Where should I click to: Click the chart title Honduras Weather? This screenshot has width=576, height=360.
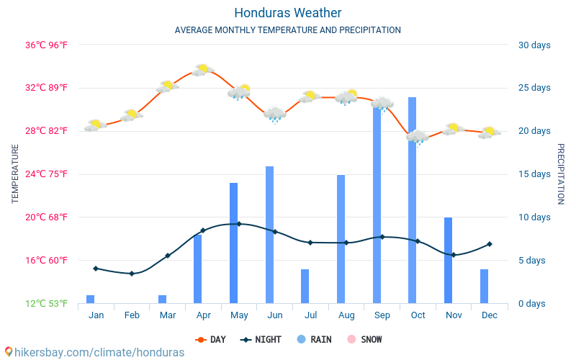tap(288, 13)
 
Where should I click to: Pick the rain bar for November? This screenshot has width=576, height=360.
tap(449, 260)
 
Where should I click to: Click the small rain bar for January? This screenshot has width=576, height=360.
tap(91, 299)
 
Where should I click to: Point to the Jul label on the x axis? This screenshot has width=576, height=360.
tap(310, 315)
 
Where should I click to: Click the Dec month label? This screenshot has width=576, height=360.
tap(490, 315)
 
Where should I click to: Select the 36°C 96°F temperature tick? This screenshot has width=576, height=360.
tap(47, 45)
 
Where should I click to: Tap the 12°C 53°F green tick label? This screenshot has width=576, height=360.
tap(47, 303)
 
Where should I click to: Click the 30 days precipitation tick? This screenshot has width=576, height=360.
tap(534, 45)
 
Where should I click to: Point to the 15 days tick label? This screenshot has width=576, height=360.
tap(534, 174)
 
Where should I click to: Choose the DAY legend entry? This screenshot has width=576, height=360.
tap(210, 339)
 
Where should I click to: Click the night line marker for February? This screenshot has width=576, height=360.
tap(132, 274)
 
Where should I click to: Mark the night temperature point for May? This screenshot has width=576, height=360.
tap(239, 224)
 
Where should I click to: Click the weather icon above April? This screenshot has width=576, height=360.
tap(202, 70)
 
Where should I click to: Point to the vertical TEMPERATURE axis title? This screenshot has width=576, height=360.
tap(15, 174)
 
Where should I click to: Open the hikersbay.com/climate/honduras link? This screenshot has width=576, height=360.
tap(94, 353)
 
